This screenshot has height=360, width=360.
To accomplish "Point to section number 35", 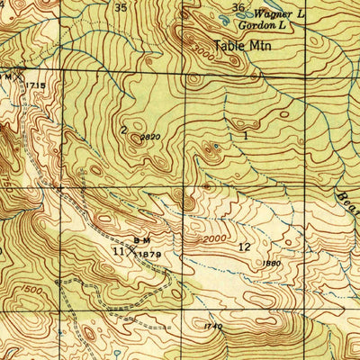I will click(x=121, y=7).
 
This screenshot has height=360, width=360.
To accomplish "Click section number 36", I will click(x=238, y=7).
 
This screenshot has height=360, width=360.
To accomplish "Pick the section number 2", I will click(x=123, y=129).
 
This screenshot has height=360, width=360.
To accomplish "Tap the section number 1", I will click(x=245, y=135).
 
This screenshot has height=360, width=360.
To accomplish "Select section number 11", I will click(x=118, y=252).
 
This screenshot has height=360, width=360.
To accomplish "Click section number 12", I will click(x=244, y=246).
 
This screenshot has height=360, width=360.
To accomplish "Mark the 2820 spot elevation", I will click(x=149, y=138).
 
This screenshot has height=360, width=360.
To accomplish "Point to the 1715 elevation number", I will click(x=35, y=84).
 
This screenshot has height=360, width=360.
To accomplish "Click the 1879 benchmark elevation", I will click(x=149, y=255).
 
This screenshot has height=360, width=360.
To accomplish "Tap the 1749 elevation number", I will click(x=212, y=326).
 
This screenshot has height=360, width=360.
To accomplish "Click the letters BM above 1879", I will click(x=141, y=240).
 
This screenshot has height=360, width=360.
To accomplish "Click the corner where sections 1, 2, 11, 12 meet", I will click(x=186, y=187).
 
